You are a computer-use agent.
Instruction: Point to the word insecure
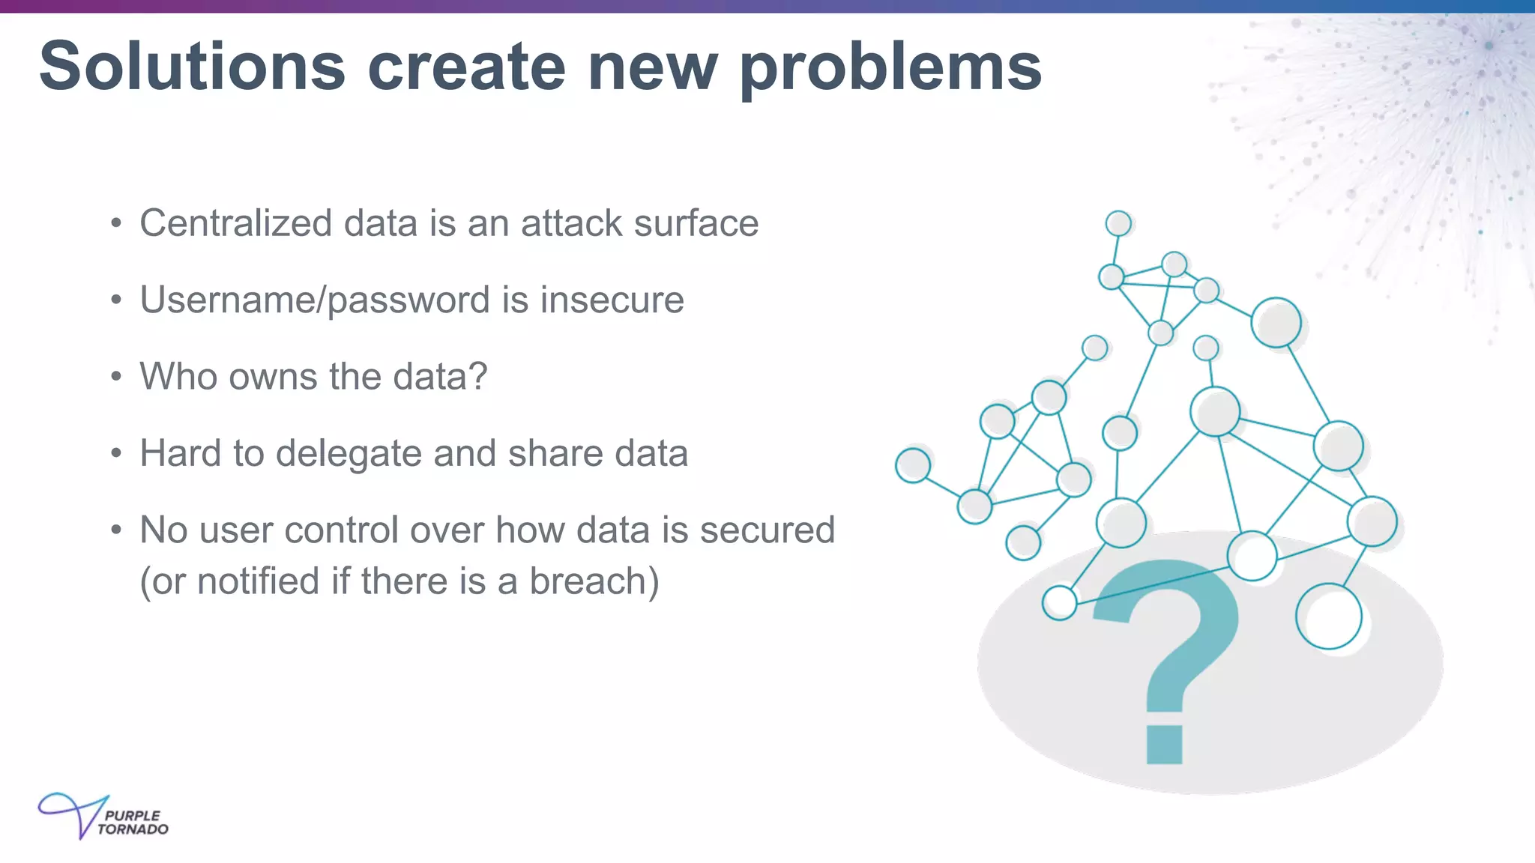click(612, 300)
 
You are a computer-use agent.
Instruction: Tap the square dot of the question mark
click(1165, 744)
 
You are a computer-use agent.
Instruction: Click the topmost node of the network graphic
click(1118, 223)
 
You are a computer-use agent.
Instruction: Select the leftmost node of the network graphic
click(913, 465)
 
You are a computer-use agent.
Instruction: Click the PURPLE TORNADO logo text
click(132, 823)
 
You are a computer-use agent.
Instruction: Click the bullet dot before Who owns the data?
click(115, 377)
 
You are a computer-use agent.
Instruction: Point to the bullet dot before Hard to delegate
click(115, 454)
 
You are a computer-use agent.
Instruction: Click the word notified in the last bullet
click(258, 582)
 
